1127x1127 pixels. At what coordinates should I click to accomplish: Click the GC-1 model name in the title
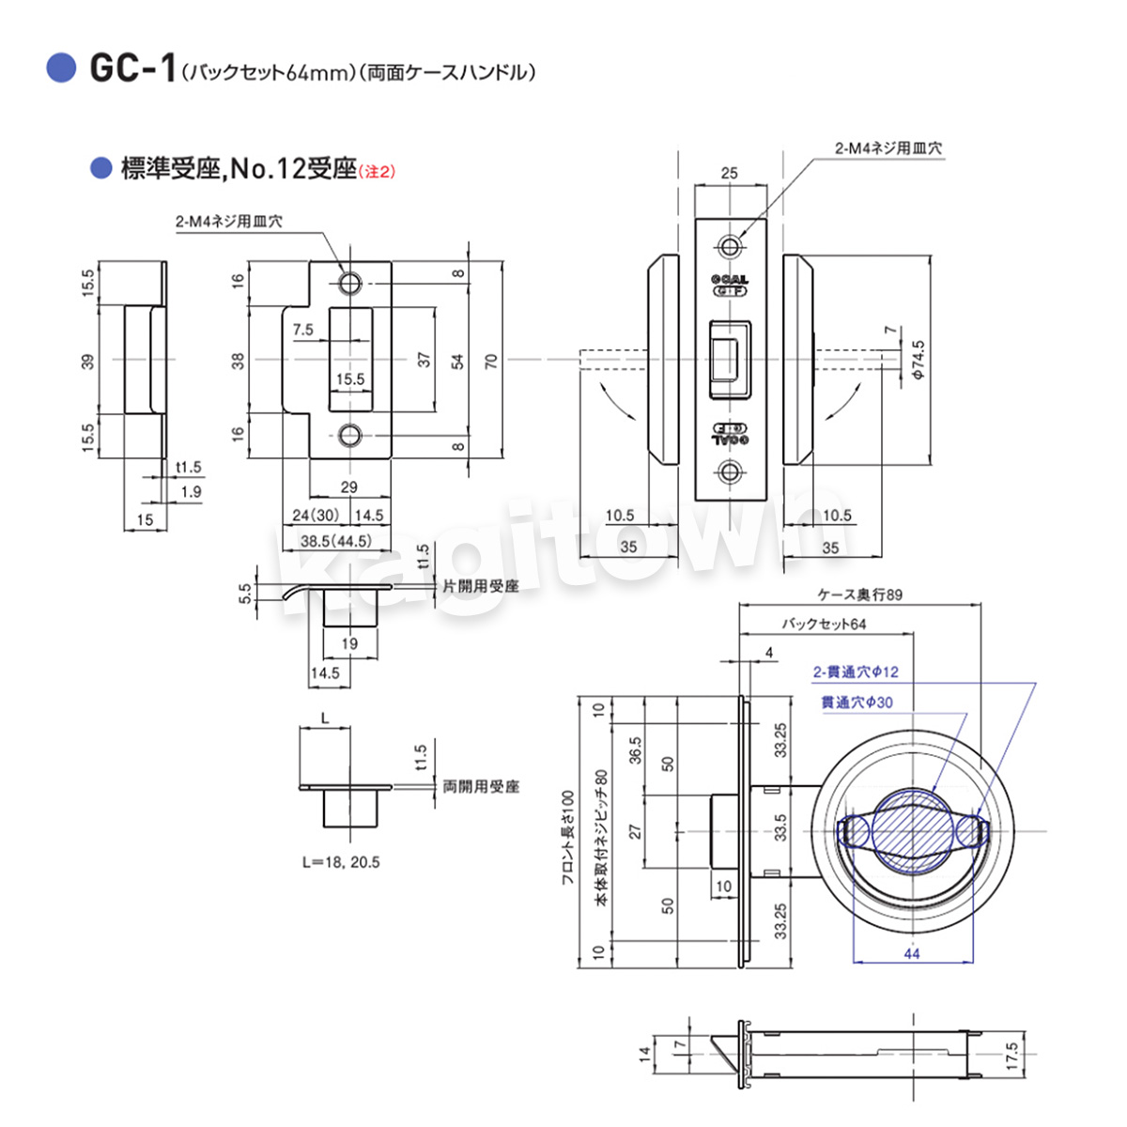pos(131,69)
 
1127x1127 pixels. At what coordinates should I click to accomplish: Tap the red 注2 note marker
pos(378,171)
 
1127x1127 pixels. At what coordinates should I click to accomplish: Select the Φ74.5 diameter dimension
pos(918,360)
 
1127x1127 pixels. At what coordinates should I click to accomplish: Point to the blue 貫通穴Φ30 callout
pos(857,702)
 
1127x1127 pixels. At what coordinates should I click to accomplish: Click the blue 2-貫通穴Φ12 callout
pos(855,672)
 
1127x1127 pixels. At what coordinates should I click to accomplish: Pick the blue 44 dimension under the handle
pos(911,953)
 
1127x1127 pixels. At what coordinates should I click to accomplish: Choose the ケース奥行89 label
pos(859,594)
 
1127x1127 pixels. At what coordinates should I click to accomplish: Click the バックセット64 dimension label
pos(824,624)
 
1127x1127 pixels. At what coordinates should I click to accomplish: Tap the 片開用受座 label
pos(480,586)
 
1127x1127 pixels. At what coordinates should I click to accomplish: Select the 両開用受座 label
pos(481,786)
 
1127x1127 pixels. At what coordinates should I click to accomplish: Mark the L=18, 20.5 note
pos(341,862)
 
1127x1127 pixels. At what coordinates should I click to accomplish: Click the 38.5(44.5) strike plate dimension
pos(335,541)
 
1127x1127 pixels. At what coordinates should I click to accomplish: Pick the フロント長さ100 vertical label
pos(566,838)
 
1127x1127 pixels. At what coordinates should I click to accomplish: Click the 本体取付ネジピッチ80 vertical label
pos(601,838)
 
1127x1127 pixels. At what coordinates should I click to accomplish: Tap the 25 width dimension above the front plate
pos(729,173)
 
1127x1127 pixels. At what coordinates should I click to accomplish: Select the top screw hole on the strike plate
pos(350,283)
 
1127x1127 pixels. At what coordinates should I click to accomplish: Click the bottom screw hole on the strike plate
pos(350,435)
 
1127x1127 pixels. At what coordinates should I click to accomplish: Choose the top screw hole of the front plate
pos(730,247)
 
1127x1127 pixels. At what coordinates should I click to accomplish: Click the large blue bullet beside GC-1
pos(61,69)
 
